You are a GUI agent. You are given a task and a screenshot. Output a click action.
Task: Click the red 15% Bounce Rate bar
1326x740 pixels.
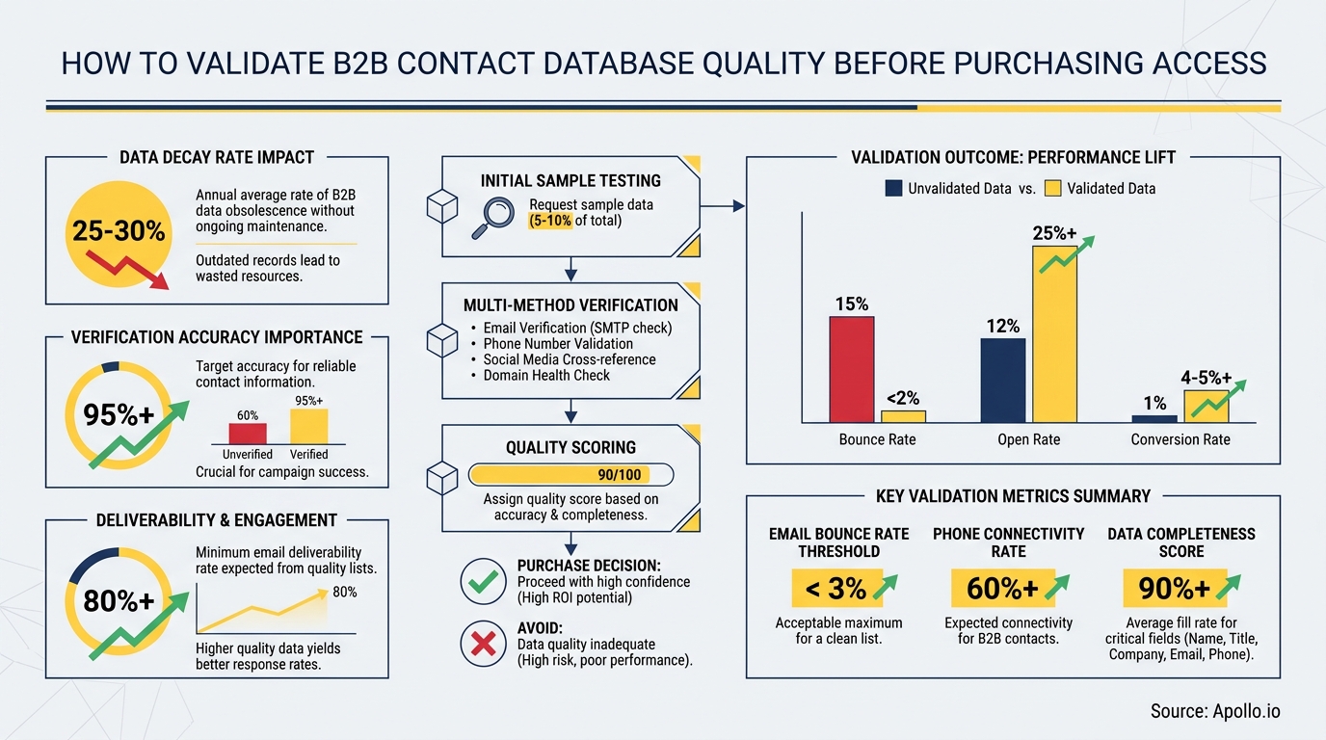pos(851,369)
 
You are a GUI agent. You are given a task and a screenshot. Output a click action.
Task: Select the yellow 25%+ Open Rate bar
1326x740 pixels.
pos(1054,334)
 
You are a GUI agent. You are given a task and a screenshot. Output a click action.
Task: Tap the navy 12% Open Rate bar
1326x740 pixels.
pos(1002,381)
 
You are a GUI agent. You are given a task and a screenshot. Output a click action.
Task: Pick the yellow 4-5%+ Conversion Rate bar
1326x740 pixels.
pos(1206,407)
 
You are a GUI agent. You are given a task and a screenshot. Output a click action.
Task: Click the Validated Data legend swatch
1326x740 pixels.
pos(1052,189)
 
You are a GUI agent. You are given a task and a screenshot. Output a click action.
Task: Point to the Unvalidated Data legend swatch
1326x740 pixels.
pos(893,189)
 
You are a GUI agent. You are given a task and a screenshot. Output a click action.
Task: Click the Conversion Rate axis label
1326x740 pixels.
pos(1180,439)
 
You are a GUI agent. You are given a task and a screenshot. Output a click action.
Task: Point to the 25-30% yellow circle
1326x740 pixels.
pos(118,231)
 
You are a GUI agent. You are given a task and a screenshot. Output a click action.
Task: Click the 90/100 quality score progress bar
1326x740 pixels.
pos(570,474)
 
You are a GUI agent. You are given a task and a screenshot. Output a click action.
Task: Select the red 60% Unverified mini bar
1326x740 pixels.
pos(247,433)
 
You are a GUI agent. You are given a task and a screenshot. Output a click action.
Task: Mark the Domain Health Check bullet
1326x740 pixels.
pos(546,375)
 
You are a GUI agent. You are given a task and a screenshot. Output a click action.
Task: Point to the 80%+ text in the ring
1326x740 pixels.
pos(118,601)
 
